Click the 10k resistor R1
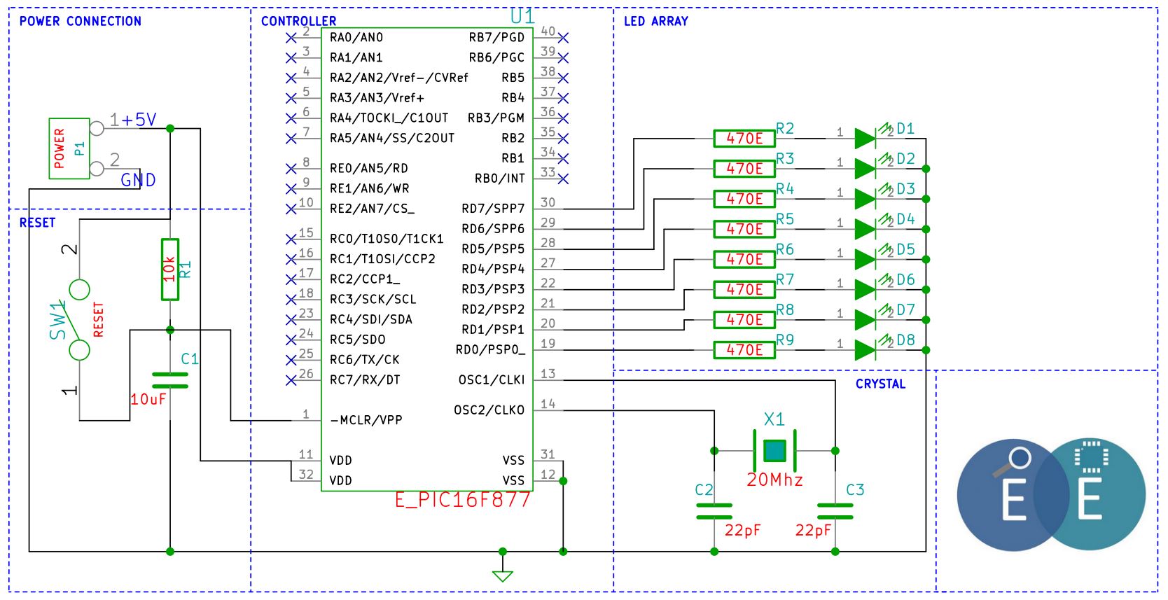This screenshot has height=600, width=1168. coord(170,270)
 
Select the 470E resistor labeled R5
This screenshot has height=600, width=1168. coord(744,229)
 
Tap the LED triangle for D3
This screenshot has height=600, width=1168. coord(865,199)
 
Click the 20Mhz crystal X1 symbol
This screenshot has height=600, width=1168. coord(775,450)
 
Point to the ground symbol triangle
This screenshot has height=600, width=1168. coord(503,576)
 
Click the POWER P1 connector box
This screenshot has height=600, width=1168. coord(69,148)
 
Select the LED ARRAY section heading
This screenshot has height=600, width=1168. coord(656,22)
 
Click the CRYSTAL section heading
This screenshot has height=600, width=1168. coord(881,384)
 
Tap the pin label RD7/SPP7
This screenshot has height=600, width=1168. coord(493,209)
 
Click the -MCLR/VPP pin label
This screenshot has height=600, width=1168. coord(366,420)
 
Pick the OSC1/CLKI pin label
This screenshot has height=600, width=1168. coord(492,380)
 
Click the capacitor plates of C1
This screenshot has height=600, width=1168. coord(170,381)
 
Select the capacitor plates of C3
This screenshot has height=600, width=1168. coord(835,511)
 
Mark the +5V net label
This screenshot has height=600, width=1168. coord(139,120)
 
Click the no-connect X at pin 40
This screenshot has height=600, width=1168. coord(563,38)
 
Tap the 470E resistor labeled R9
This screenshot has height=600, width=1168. coord(744,350)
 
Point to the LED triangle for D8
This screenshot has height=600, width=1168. coord(865,350)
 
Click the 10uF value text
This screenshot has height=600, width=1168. coord(148,400)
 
